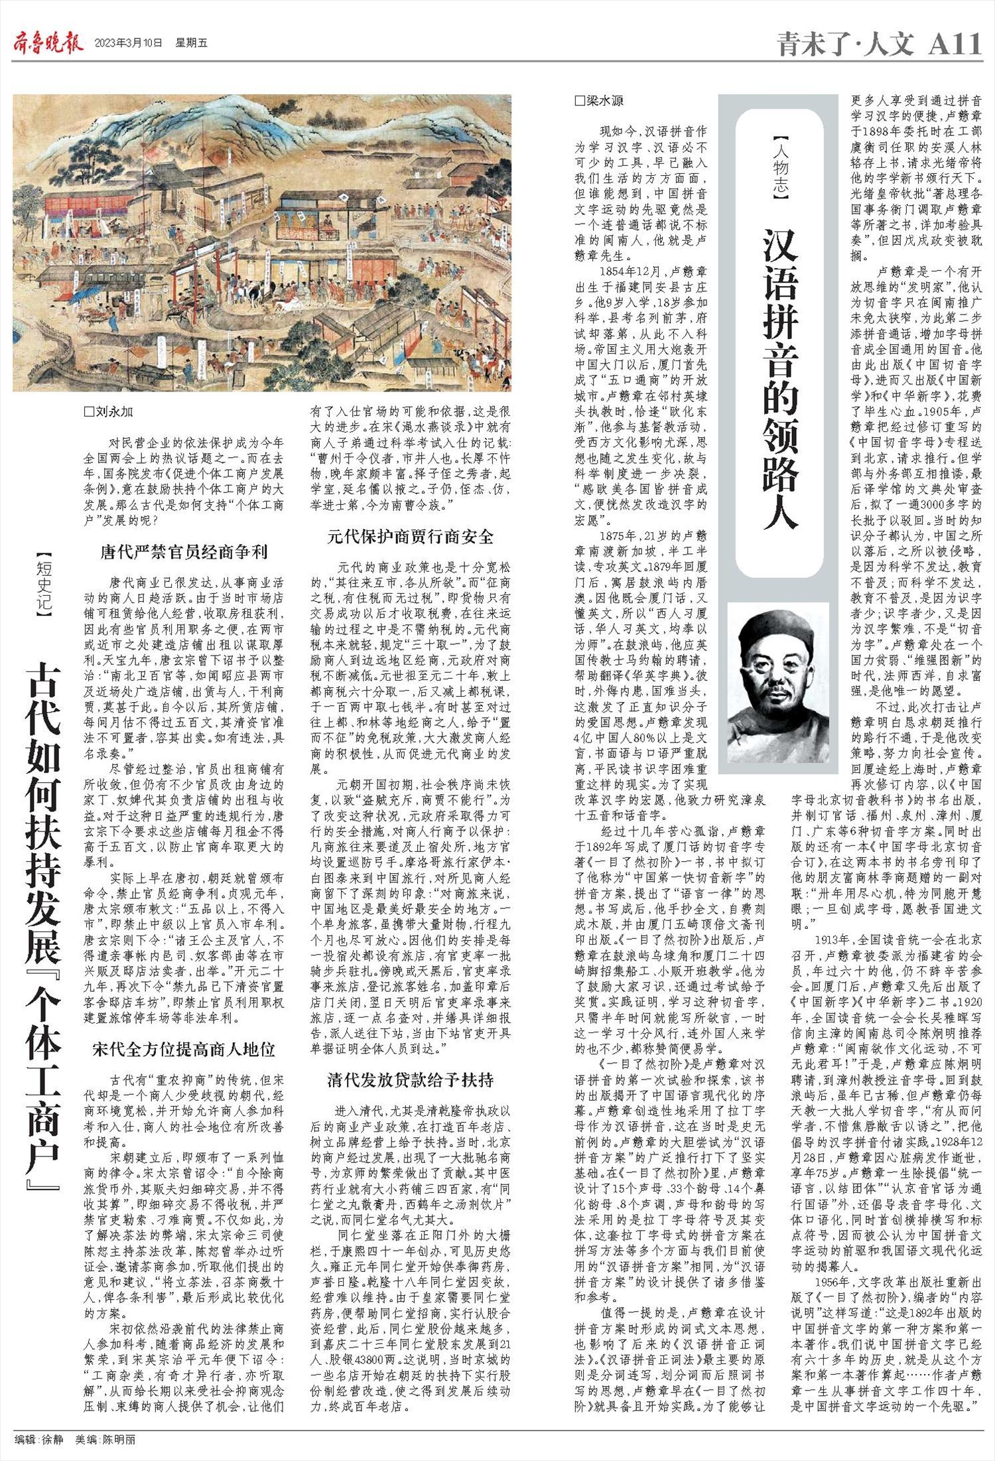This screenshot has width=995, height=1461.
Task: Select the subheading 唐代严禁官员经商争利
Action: tap(184, 551)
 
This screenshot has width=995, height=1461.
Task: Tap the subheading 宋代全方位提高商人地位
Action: tap(184, 1049)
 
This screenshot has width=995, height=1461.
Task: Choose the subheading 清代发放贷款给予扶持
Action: tap(411, 1079)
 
